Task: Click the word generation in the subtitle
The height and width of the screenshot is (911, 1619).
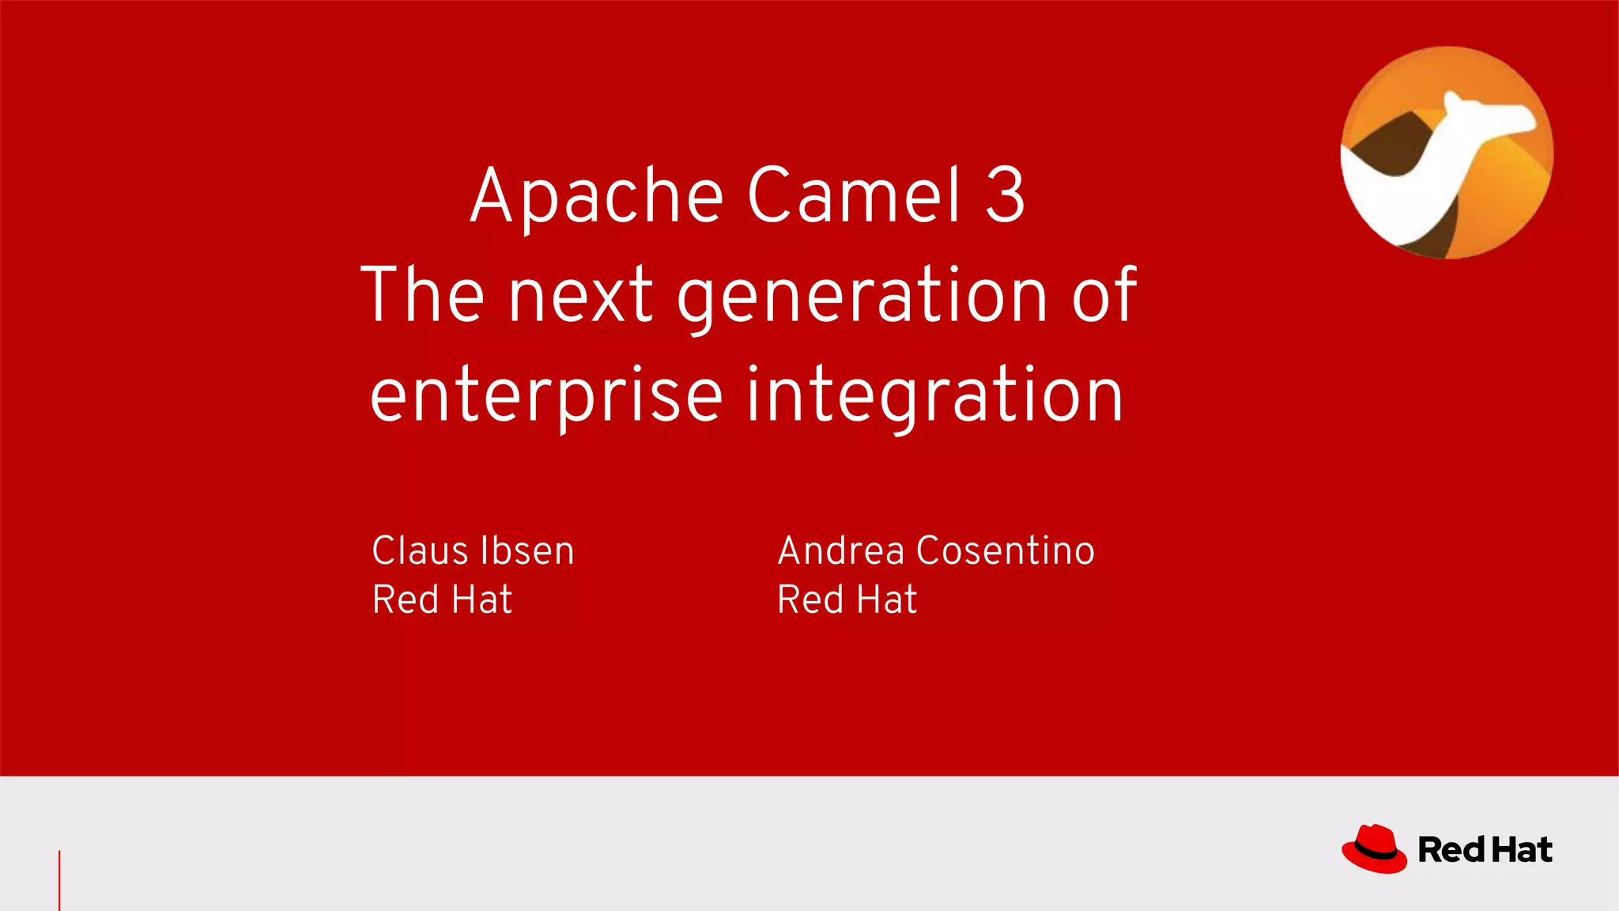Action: (862, 297)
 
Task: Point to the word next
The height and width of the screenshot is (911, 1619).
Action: (581, 296)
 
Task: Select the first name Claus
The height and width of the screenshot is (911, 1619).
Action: (420, 550)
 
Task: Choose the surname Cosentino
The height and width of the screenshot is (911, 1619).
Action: (1006, 550)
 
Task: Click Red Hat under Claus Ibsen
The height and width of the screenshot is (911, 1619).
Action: (442, 599)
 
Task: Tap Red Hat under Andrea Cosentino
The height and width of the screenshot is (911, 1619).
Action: (847, 599)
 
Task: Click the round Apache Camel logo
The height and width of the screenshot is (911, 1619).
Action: (1447, 153)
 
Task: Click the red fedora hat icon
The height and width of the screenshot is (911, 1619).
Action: (1374, 849)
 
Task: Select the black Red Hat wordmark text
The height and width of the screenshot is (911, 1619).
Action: (1485, 850)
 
